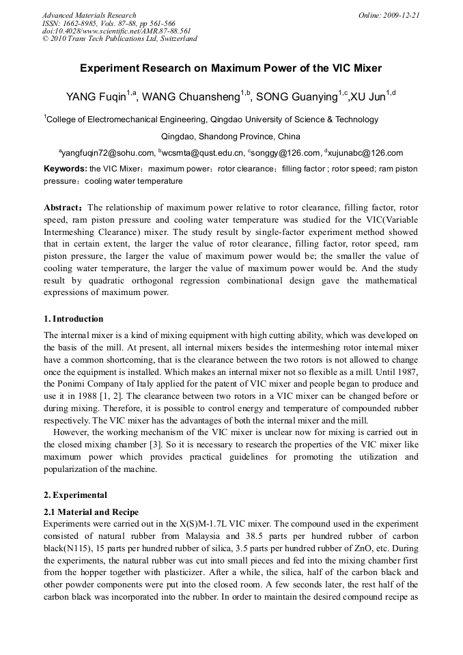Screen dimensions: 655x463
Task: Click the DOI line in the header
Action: click(x=116, y=31)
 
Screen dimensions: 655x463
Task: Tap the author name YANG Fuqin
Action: click(x=96, y=97)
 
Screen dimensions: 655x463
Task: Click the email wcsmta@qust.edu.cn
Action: click(x=202, y=153)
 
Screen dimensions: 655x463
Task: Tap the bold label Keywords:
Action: click(x=66, y=169)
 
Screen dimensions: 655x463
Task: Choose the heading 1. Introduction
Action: click(x=74, y=319)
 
